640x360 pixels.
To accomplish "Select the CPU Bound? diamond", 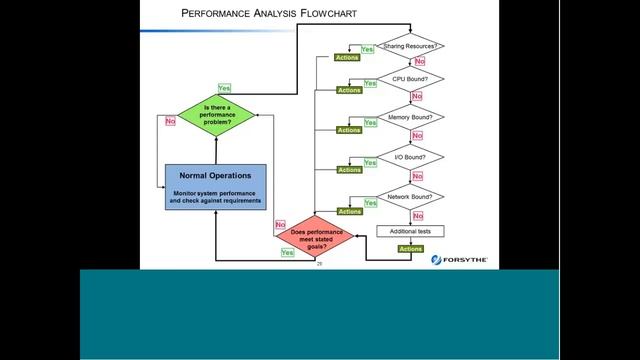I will [x=411, y=79].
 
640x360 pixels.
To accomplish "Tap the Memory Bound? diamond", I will [x=411, y=117].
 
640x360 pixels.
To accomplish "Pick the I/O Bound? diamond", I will [x=411, y=157].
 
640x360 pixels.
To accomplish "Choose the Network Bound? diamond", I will [x=411, y=198].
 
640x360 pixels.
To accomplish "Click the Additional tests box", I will [x=411, y=231].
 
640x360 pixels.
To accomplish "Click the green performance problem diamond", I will [x=216, y=114].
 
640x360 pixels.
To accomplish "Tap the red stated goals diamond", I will [x=315, y=237].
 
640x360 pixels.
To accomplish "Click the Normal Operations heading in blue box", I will [x=215, y=175].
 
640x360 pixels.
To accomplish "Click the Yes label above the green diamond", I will [x=223, y=88].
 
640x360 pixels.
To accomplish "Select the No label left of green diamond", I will [x=170, y=121].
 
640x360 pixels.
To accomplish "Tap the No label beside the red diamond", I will [x=280, y=225].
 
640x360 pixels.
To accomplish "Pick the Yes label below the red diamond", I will [x=288, y=254].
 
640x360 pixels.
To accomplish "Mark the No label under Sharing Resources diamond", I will [x=418, y=62].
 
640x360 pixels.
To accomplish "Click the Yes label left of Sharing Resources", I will [x=366, y=49].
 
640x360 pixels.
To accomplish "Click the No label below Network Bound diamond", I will [x=418, y=215].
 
